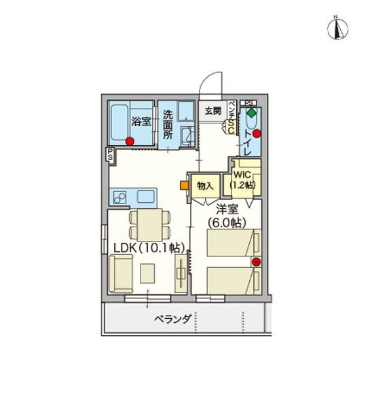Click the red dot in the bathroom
tap(129, 141)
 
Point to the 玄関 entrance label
tap(212, 111)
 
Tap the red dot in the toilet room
tap(257, 134)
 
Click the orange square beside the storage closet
tap(184, 184)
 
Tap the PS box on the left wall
tap(109, 154)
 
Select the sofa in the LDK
tap(121, 273)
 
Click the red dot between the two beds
tap(256, 261)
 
